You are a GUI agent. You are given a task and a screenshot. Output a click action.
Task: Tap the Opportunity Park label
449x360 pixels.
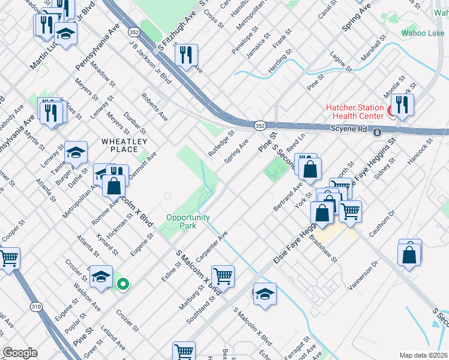click(x=188, y=221)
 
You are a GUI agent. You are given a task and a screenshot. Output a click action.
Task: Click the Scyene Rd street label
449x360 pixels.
click(x=348, y=130)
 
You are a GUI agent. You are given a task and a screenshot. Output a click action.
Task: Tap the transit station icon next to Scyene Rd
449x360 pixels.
click(x=376, y=132)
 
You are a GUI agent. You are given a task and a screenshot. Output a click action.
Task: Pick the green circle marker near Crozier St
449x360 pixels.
click(x=123, y=284)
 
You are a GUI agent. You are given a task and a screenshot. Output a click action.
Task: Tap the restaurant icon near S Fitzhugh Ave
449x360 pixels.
click(x=187, y=55)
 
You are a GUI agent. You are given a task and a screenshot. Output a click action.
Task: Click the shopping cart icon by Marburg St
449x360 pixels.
click(x=223, y=276)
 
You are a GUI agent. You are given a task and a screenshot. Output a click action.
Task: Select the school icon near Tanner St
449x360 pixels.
click(x=76, y=152)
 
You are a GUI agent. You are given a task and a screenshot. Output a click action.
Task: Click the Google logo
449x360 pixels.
click(x=20, y=353)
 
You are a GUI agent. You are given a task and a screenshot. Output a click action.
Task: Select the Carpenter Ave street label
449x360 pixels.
click(x=212, y=243)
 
